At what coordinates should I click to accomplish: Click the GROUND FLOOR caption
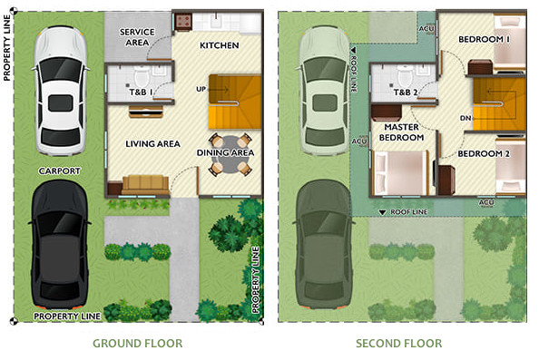(137, 344)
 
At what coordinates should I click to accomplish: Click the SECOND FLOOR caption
(399, 344)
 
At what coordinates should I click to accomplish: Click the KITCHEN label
(219, 45)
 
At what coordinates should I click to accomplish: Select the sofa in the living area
(145, 184)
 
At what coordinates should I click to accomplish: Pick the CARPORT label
(60, 170)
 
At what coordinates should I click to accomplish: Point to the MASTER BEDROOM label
(402, 132)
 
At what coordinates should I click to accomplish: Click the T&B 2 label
(404, 92)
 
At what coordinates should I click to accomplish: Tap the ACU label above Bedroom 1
(426, 27)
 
